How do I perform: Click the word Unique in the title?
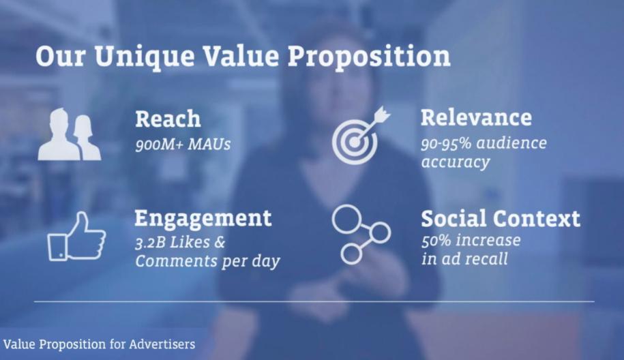tap(145, 57)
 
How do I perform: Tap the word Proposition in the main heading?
tap(369, 57)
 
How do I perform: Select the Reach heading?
tap(168, 119)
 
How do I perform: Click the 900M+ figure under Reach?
tap(160, 145)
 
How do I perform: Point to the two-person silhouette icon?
tap(70, 134)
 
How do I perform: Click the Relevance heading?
tap(477, 117)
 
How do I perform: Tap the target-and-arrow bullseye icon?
tap(361, 135)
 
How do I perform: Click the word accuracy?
tap(456, 162)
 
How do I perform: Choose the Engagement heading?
tap(203, 218)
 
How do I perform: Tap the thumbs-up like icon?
tap(77, 237)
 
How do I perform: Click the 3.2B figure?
tap(150, 242)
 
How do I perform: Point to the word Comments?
tap(175, 261)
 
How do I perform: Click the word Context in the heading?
tap(537, 218)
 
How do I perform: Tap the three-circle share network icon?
tap(361, 235)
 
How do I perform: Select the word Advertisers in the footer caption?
tap(162, 344)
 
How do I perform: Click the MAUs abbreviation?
tap(209, 145)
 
